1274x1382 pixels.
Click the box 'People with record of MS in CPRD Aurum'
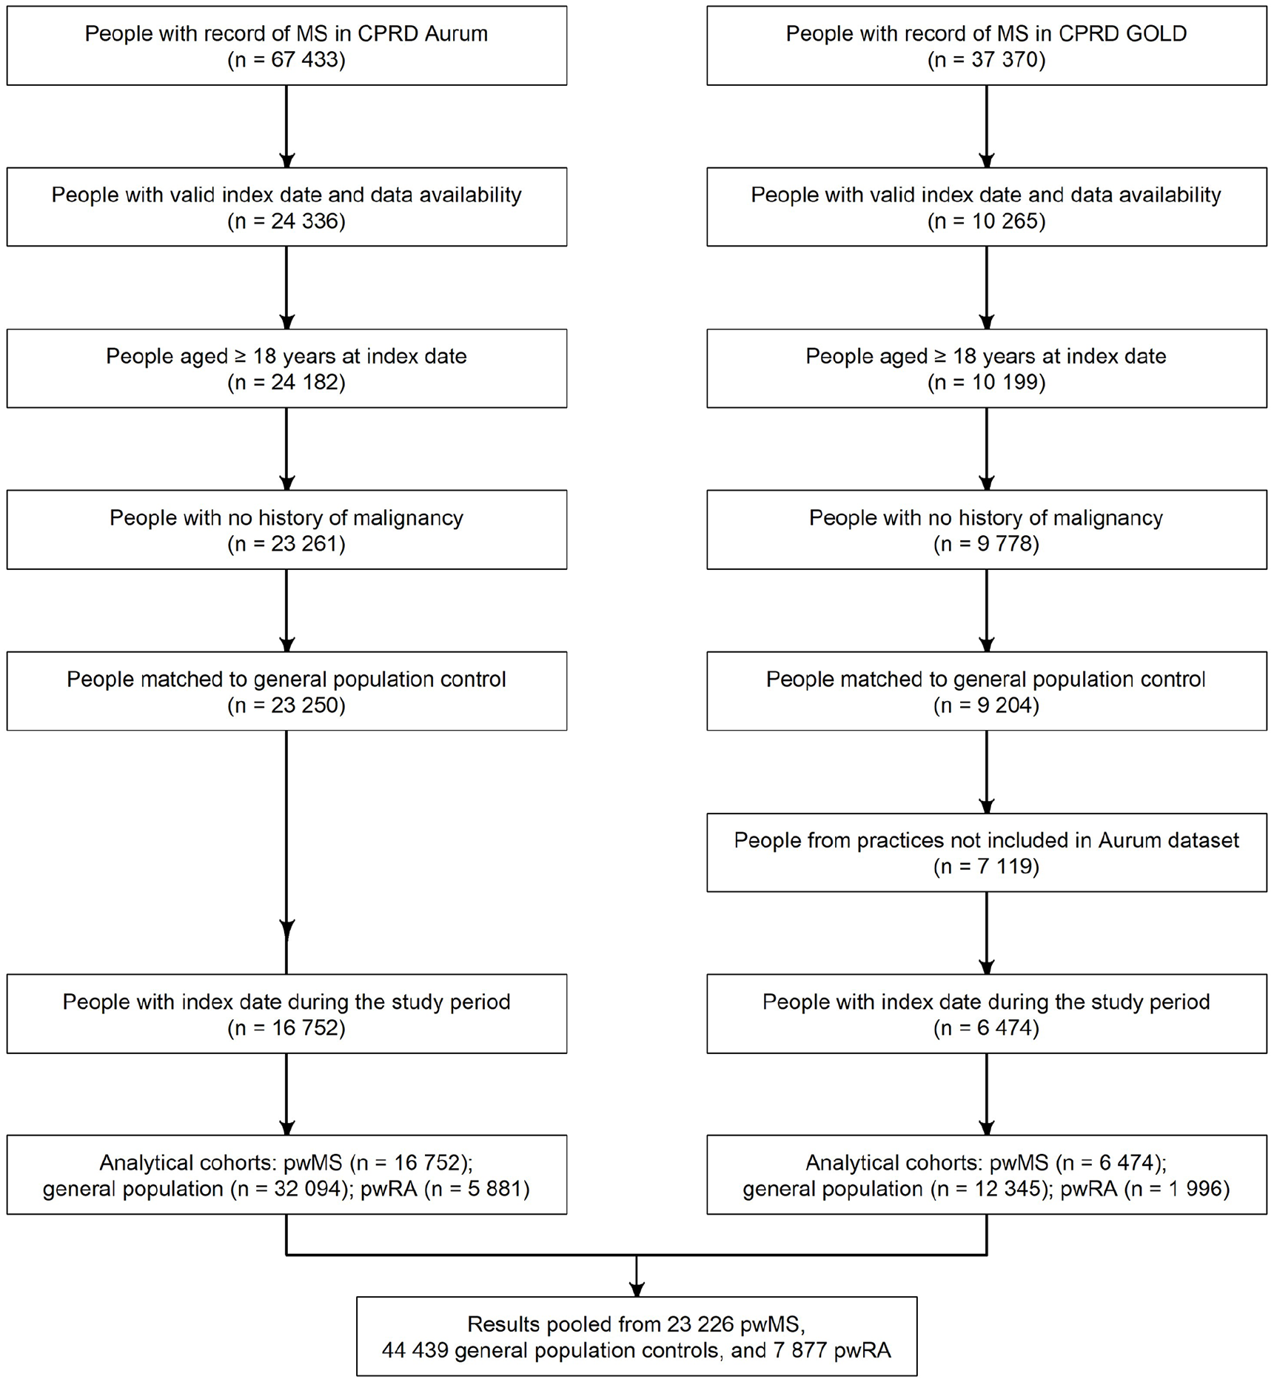click(x=286, y=46)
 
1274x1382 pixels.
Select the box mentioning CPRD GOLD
click(x=987, y=46)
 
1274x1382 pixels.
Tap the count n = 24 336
click(x=286, y=221)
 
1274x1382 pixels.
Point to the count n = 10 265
click(x=987, y=221)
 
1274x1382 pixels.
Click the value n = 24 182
click(x=286, y=382)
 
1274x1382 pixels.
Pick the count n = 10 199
click(x=987, y=382)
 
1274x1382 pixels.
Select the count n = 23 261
click(x=286, y=543)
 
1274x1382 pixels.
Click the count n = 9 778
click(x=987, y=543)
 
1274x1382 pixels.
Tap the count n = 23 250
click(x=286, y=705)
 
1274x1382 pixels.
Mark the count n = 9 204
click(x=987, y=705)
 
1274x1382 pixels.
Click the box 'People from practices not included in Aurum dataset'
click(x=987, y=853)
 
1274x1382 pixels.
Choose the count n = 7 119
click(x=987, y=866)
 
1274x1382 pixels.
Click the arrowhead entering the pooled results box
click(x=637, y=1289)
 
